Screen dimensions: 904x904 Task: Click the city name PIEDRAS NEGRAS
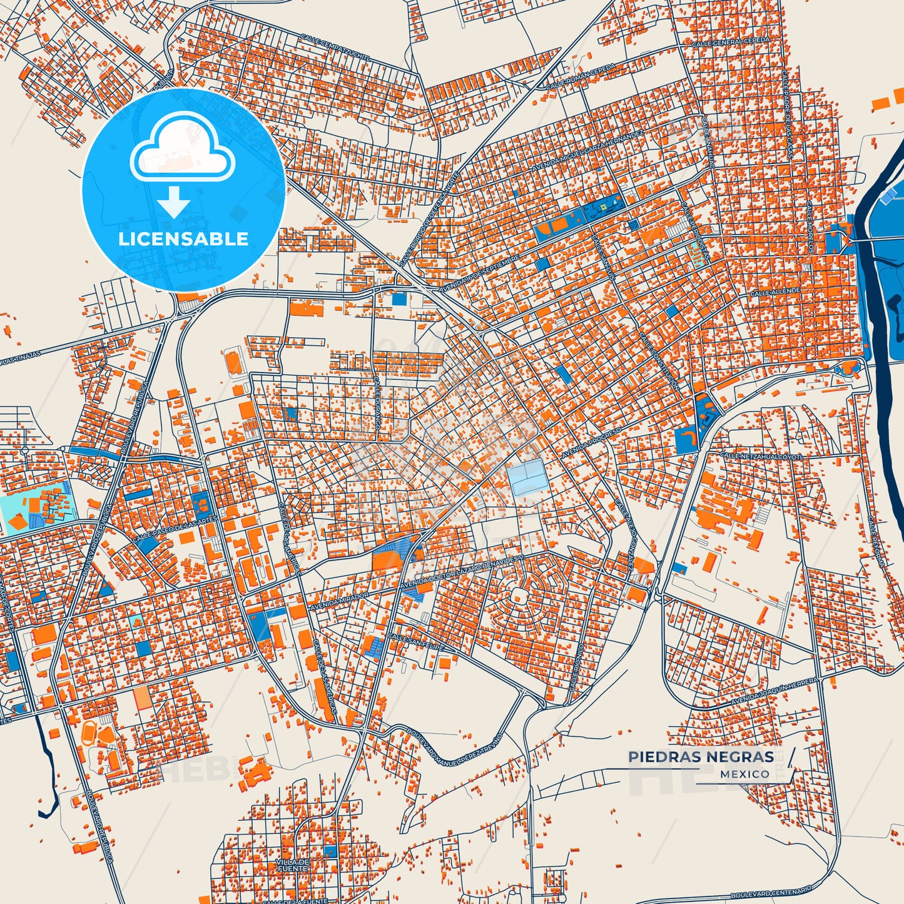click(701, 757)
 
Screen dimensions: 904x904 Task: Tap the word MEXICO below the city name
click(744, 774)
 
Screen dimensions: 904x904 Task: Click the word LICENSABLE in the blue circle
click(183, 238)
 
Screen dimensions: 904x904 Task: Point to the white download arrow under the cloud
click(174, 201)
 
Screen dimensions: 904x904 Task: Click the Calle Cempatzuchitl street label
click(335, 48)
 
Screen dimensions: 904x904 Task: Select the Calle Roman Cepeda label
click(581, 76)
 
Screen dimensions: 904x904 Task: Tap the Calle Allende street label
click(775, 292)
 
